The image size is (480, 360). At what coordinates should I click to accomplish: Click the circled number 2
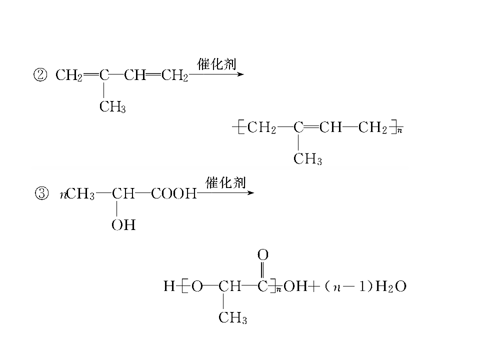point(40,75)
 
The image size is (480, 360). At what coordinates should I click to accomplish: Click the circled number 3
point(41,193)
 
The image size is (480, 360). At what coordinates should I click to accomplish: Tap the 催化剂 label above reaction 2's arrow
point(216,64)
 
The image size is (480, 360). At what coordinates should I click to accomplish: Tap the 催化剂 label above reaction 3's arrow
point(225,182)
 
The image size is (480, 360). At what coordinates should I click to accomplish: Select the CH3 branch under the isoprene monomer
point(112,107)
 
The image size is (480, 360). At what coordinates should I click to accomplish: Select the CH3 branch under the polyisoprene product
point(307,159)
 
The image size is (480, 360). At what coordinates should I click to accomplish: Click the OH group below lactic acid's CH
point(123,225)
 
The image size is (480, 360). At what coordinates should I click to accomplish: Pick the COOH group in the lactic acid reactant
point(173,193)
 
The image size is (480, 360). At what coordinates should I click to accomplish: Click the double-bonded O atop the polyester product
point(263,254)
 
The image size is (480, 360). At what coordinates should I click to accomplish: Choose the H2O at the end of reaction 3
point(391,286)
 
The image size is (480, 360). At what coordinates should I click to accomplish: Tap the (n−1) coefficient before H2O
point(348,286)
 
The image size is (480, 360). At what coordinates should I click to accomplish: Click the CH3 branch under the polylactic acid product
point(232,317)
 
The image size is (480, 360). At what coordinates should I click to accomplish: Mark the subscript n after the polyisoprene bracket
point(399,130)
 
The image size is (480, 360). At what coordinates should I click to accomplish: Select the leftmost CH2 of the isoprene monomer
point(69,75)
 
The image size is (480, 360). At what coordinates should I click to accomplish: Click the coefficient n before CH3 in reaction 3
point(63,194)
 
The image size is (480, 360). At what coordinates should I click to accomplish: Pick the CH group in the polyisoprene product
point(330,127)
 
